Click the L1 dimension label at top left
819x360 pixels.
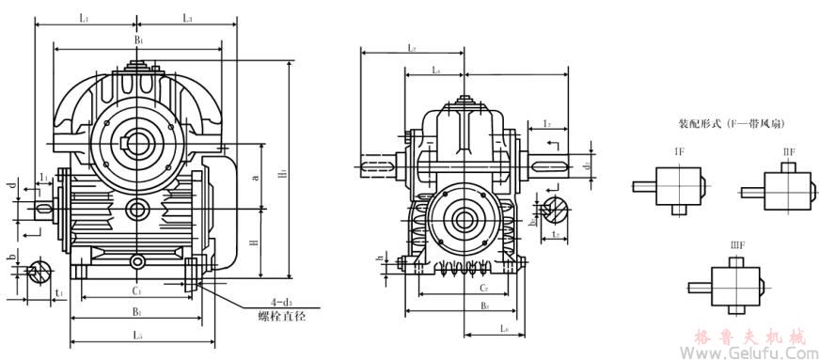click(x=84, y=18)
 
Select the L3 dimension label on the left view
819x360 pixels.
click(x=187, y=18)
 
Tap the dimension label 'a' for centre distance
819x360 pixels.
click(x=257, y=176)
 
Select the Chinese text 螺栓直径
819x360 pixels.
click(x=282, y=317)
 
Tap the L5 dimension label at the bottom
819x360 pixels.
click(x=137, y=335)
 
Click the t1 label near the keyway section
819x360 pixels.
click(x=59, y=293)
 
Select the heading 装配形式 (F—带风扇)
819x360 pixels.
click(x=732, y=124)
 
